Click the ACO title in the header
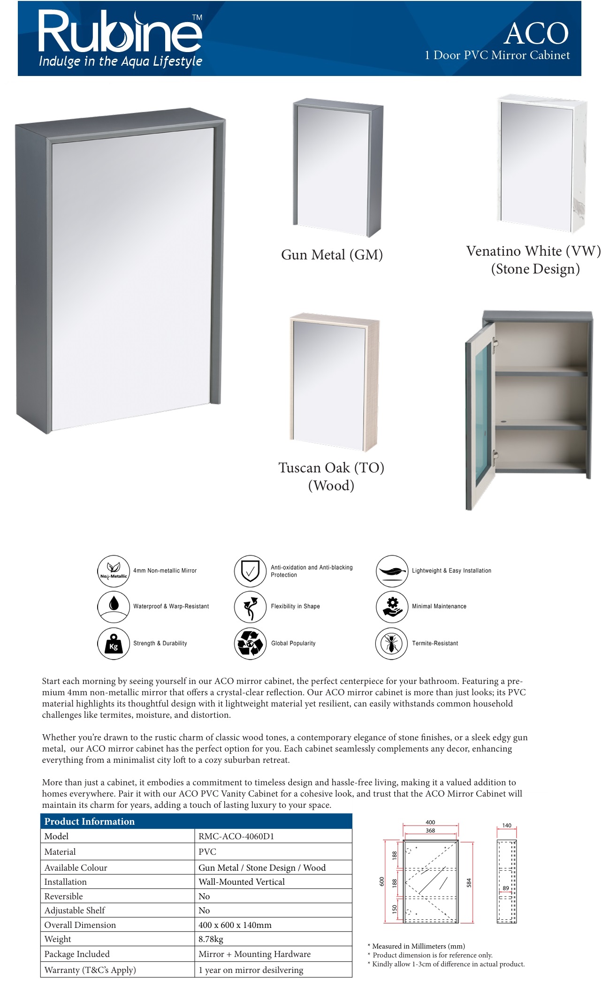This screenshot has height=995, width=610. click(x=536, y=34)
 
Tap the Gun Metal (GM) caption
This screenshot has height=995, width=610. click(x=332, y=255)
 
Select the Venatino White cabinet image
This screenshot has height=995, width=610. click(x=541, y=164)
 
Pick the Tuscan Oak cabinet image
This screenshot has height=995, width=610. click(x=335, y=382)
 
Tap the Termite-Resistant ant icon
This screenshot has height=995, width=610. click(x=391, y=643)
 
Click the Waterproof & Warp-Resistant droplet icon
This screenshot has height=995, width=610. click(x=113, y=606)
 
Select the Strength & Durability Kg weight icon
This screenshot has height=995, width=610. click(x=113, y=643)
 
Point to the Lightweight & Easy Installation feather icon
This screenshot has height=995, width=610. click(x=391, y=571)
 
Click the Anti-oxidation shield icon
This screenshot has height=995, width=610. click(x=250, y=571)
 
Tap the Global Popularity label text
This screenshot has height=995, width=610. click(x=293, y=643)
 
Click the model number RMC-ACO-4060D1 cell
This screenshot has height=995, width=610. click(x=236, y=836)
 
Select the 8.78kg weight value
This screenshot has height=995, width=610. click(x=211, y=939)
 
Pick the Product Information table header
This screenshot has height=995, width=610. click(x=89, y=821)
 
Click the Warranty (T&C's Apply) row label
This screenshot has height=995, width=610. click(x=90, y=970)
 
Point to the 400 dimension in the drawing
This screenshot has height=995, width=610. click(x=430, y=822)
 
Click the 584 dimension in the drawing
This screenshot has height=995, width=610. click(x=468, y=883)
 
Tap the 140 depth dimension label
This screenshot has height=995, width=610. click(x=507, y=825)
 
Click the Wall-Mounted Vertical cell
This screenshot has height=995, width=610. click(x=242, y=881)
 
